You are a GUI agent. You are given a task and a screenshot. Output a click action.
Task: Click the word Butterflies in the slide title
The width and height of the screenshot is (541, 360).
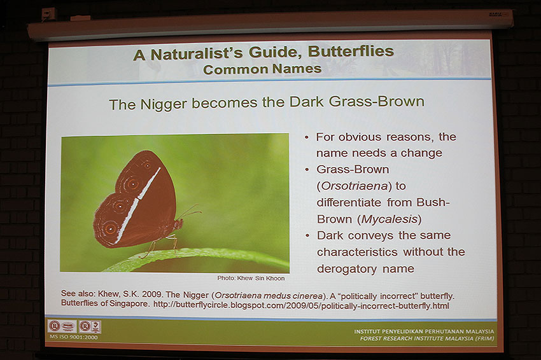348,53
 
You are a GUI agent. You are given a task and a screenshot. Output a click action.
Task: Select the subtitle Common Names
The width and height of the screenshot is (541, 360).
262,69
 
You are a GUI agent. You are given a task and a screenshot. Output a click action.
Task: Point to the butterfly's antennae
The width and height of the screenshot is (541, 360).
190,212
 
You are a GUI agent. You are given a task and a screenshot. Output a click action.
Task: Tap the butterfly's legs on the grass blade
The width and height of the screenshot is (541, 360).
171,242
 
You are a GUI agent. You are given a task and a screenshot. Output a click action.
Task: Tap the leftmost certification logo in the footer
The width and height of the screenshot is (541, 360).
55,326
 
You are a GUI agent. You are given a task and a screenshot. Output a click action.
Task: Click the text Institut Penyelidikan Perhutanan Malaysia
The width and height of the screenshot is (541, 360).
424,331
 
